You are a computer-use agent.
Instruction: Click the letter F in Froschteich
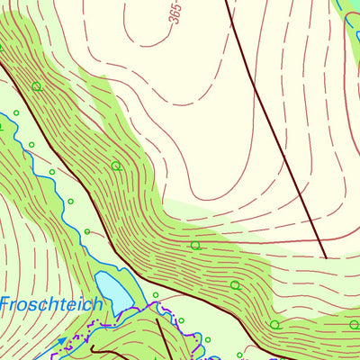point(4,304)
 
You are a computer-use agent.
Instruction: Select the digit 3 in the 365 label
point(172,33)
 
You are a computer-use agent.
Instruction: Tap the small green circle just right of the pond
point(155,294)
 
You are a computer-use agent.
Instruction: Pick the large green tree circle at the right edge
point(274,325)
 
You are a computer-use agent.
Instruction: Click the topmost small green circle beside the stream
point(16,112)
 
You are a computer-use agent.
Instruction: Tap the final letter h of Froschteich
point(96,304)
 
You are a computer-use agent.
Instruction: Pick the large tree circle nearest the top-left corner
point(37,86)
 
